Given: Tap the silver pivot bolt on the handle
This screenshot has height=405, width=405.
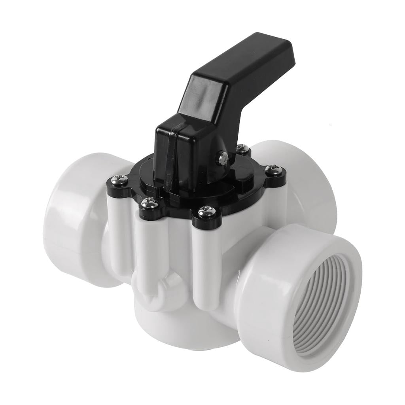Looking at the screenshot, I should (223, 158).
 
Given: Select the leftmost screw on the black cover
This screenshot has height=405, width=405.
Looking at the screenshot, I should (119, 181).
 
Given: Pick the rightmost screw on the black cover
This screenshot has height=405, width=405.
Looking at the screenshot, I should (274, 170).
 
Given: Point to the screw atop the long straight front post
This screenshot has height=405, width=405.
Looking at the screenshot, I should (207, 212).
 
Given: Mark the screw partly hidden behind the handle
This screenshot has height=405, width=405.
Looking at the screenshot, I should (242, 149).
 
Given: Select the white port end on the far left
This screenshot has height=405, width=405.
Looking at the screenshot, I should (75, 221).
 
